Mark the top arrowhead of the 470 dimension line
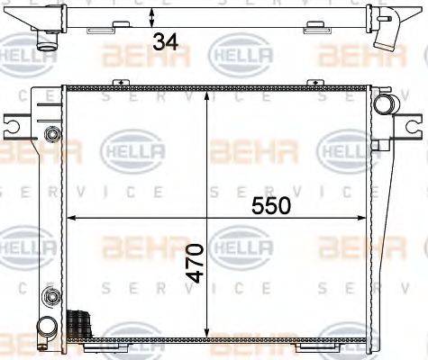click(208, 93)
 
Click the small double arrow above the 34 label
click(152, 16)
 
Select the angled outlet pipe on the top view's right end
click(389, 31)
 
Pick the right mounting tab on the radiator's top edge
click(316, 83)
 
